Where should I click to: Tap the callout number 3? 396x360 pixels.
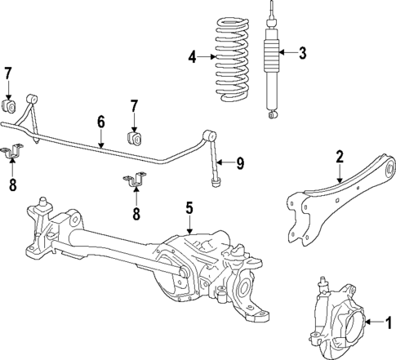coord(302,54)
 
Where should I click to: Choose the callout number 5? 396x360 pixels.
coord(189,209)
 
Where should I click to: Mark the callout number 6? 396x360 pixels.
coord(101,122)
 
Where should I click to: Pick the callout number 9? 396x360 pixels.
coord(239,163)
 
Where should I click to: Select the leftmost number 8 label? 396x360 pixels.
coord(13,185)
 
